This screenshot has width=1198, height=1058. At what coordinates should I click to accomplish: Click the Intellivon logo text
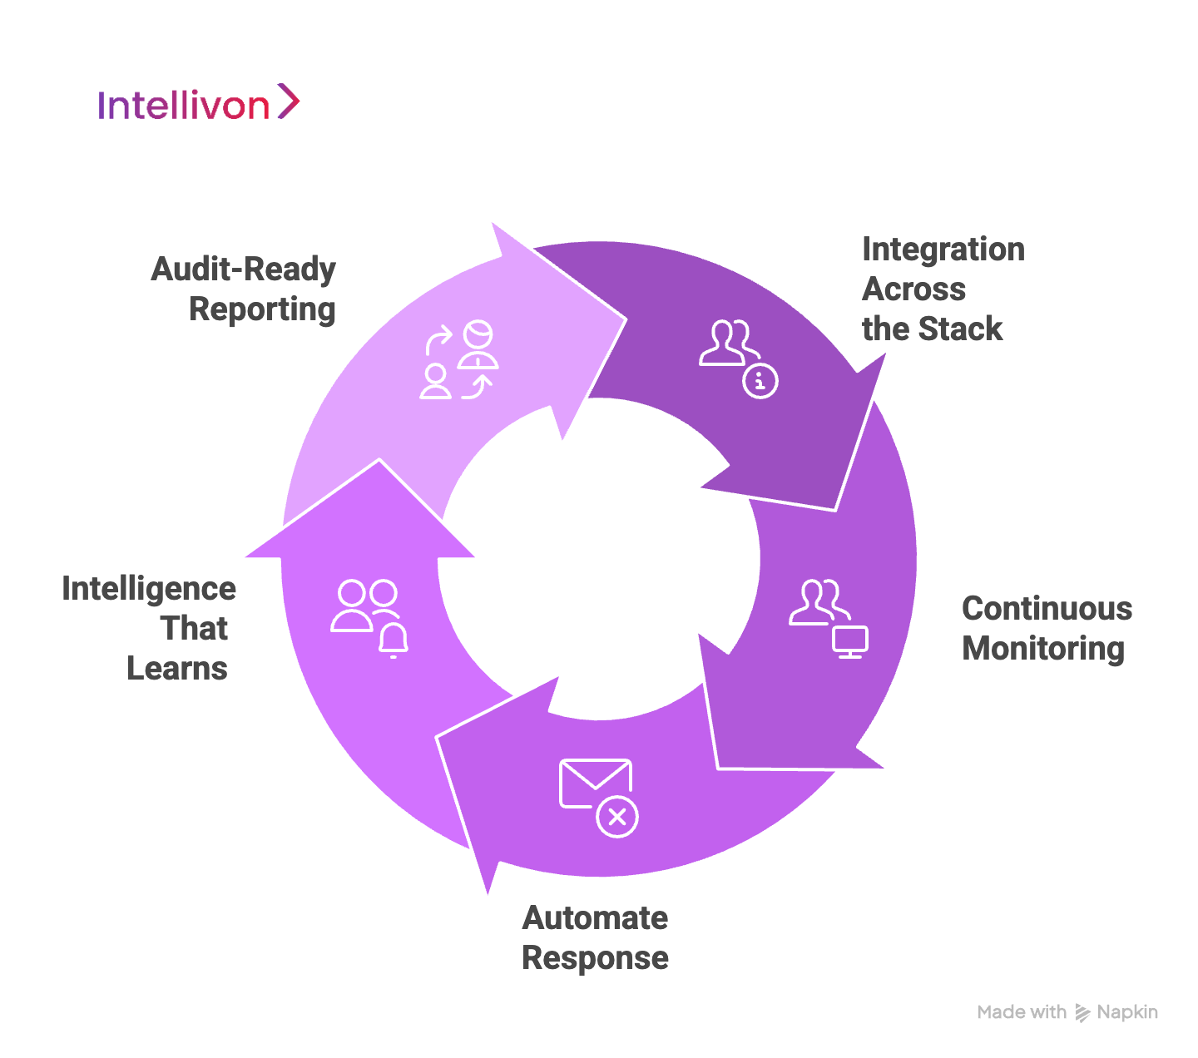point(183,106)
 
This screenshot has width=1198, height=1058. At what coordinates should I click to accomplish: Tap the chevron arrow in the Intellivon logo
point(288,101)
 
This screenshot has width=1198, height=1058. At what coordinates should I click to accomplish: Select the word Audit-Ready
point(243,269)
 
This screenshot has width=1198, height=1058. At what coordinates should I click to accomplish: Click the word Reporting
point(262,309)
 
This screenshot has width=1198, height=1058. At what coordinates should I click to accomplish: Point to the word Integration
point(943,250)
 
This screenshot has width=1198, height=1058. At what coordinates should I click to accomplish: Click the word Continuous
point(1047,609)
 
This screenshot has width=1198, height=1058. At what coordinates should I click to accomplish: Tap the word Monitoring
point(1043,649)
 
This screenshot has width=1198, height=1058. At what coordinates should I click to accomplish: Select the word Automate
point(595,918)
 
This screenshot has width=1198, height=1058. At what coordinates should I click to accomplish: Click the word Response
point(595,958)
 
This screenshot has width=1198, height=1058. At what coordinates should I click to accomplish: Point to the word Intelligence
point(149,589)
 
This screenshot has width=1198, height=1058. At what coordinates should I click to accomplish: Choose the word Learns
point(177,669)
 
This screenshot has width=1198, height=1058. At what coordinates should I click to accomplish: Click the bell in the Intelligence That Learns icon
point(394,639)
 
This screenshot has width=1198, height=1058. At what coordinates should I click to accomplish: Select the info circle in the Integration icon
point(760,381)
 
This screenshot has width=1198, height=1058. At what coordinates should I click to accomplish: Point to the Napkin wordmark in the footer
point(1127,1012)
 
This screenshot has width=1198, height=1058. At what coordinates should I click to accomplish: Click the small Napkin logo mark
point(1082,1012)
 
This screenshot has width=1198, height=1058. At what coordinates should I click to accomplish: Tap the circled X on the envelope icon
point(617,817)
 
